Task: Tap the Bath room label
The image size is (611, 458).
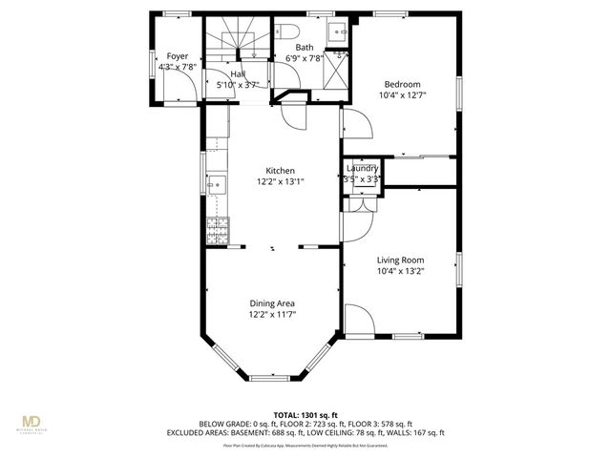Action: [x=304, y=47]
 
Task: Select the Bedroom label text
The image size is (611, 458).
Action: [x=402, y=84]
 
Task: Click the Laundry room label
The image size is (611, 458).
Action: [x=363, y=169]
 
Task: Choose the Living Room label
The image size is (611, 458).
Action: [x=400, y=260]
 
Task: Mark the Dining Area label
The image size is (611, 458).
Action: [x=273, y=302]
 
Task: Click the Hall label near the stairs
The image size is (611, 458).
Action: [x=238, y=74]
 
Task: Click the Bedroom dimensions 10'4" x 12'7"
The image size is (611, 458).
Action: [x=402, y=94]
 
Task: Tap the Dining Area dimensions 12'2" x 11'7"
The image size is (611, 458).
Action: [x=273, y=314]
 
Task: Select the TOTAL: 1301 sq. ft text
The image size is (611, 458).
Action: [x=305, y=414]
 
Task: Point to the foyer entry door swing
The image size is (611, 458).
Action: [x=189, y=91]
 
